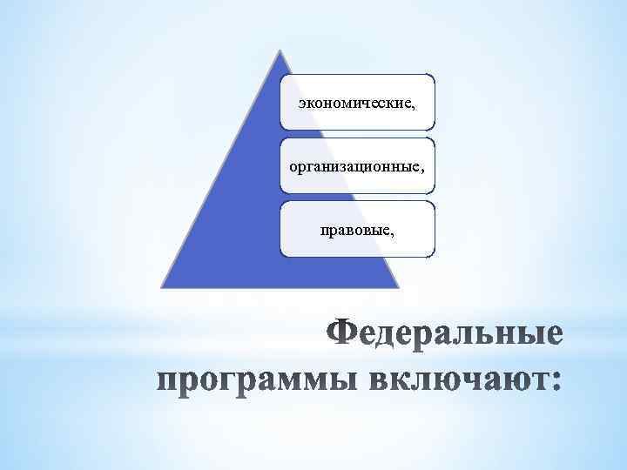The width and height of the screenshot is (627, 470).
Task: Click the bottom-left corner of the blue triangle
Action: point(162,286)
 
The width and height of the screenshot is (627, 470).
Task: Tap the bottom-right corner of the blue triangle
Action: point(400,286)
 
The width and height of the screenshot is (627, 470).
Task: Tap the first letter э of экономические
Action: point(300,104)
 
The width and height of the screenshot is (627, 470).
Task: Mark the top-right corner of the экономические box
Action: point(433,75)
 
